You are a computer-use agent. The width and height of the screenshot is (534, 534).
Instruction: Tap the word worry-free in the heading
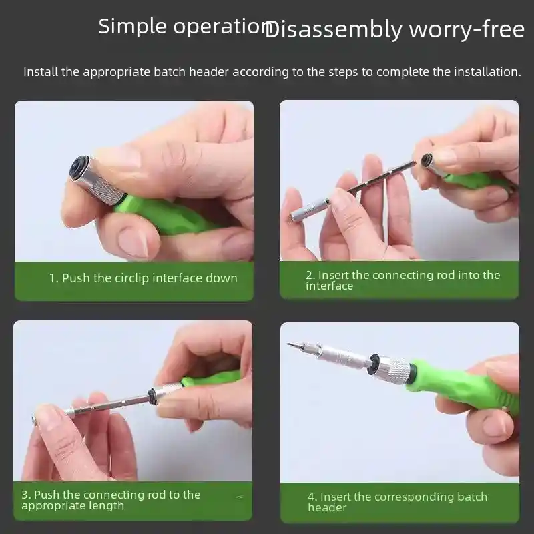coord(467,29)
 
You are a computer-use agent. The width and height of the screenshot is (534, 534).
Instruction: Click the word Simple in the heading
coord(132,27)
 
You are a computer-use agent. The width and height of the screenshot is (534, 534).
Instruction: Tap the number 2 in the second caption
coord(309,275)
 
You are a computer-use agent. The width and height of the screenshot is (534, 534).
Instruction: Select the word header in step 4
coord(327,507)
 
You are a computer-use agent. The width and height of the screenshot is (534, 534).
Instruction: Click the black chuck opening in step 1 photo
coord(79,166)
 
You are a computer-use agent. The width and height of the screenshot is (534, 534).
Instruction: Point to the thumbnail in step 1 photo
coord(134,242)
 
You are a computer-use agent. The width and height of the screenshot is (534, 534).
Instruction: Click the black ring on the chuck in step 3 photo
coord(152,396)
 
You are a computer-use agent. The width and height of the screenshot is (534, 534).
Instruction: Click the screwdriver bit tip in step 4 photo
coord(292,345)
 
